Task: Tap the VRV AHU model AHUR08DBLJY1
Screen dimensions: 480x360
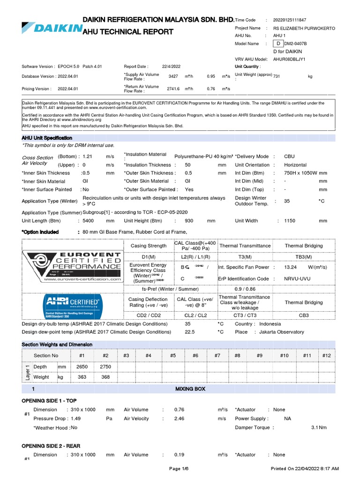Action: click(290, 60)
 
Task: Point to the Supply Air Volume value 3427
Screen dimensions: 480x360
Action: click(173, 76)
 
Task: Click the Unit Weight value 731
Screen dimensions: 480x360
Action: click(277, 76)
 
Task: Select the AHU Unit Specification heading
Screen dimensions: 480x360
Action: click(47, 138)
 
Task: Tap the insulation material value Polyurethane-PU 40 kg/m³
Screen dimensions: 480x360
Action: click(203, 156)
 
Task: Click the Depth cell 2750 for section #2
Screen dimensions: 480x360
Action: click(105, 367)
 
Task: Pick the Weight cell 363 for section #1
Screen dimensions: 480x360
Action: click(82, 377)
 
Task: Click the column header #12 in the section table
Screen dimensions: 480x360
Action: click(326, 356)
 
